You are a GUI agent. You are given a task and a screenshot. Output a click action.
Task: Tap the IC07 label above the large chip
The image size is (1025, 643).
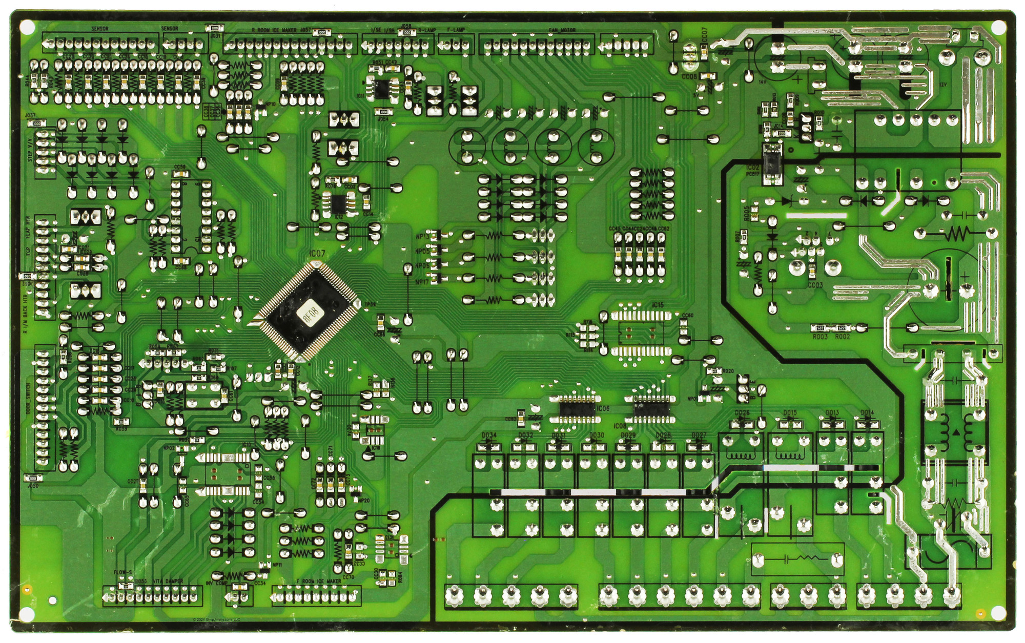(x=317, y=254)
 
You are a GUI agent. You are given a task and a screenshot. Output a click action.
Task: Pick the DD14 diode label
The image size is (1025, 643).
(x=867, y=413)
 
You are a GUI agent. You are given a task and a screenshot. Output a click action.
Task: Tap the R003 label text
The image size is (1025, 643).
(x=820, y=337)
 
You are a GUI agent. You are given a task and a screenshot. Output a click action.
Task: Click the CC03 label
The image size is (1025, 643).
(x=815, y=285)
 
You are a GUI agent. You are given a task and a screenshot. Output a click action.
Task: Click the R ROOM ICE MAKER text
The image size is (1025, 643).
(x=274, y=30)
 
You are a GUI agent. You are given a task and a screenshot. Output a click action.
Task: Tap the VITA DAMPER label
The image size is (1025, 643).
(x=168, y=582)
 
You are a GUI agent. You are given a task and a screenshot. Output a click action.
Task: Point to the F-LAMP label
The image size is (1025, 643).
(x=456, y=30)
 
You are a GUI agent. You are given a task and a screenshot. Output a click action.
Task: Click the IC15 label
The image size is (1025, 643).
(x=658, y=305)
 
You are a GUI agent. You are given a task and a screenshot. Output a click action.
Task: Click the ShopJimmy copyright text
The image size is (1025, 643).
(x=217, y=619)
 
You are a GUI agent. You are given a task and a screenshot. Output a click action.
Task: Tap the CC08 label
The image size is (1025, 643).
(x=689, y=76)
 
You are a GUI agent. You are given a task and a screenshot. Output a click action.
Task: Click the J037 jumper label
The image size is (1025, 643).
(x=30, y=116)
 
